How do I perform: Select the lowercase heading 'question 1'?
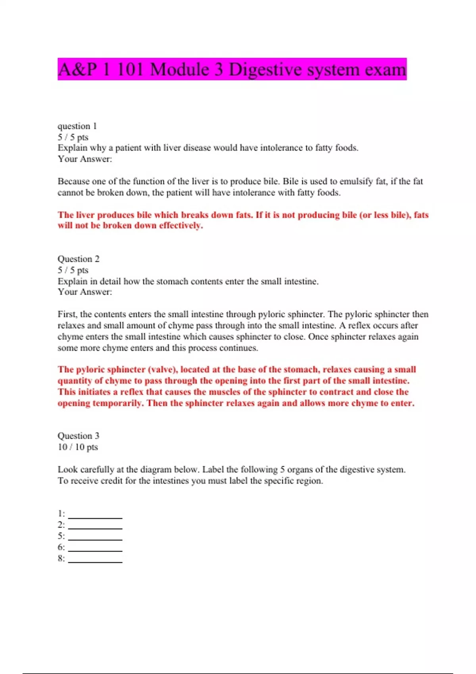pyautogui.click(x=77, y=126)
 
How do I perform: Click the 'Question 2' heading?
pyautogui.click(x=79, y=259)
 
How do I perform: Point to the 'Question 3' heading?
pyautogui.click(x=79, y=436)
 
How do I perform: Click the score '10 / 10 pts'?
pyautogui.click(x=78, y=447)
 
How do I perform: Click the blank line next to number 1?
pyautogui.click(x=95, y=515)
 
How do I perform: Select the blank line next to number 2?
pyautogui.click(x=95, y=526)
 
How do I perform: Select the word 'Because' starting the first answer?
pyautogui.click(x=73, y=182)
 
